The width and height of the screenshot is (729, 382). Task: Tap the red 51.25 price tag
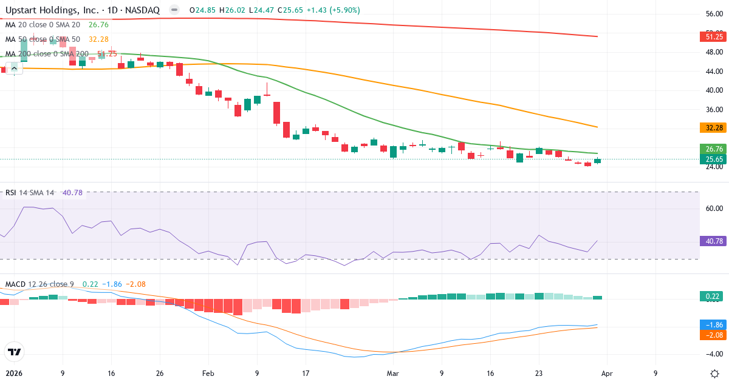[713, 36]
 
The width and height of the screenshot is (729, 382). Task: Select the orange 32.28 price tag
[713, 127]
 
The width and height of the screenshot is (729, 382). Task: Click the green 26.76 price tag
[713, 149]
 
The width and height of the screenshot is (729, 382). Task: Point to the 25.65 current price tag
[713, 159]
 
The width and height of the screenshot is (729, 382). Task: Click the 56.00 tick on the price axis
[713, 13]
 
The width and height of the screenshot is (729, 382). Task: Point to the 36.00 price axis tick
[713, 110]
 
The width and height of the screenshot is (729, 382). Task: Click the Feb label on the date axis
[208, 374]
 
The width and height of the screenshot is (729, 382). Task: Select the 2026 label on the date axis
[13, 374]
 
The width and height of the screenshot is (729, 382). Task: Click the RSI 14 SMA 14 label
[29, 193]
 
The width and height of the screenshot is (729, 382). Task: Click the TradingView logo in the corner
[14, 352]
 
